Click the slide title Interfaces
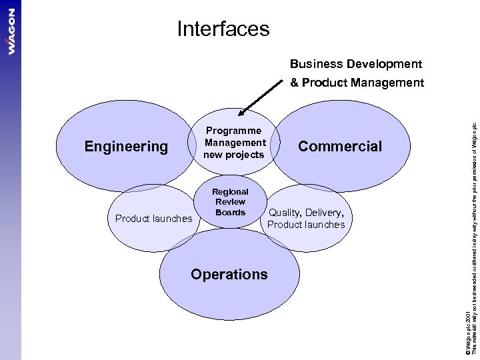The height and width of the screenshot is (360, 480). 223,29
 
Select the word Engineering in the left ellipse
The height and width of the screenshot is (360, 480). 126,146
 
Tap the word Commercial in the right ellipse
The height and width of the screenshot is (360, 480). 340,146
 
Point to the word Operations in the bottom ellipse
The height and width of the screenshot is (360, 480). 229,274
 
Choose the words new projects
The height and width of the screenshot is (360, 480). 235,155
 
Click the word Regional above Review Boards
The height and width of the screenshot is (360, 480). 231,192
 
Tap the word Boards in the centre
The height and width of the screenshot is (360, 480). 231,213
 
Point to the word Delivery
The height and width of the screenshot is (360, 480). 325,213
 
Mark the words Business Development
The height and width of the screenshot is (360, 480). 355,65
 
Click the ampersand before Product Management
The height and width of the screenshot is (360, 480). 294,83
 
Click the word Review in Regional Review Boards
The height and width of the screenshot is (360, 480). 231,202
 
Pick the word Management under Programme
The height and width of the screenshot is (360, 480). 235,143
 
